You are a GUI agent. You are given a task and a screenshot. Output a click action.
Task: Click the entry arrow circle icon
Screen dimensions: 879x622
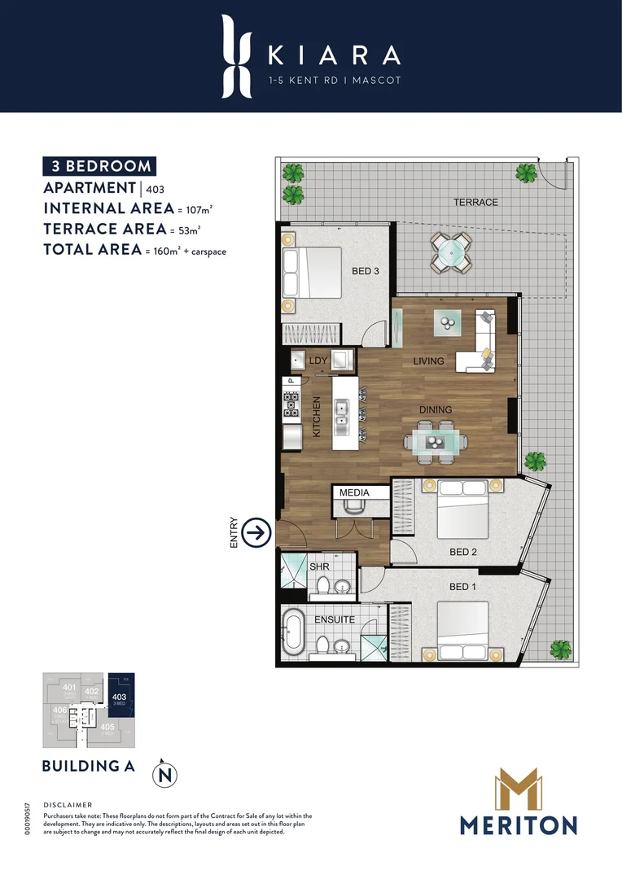257,533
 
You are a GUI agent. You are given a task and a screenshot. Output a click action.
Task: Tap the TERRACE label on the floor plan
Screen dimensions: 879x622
475,202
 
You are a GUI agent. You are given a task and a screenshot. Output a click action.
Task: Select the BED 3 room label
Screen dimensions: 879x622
366,271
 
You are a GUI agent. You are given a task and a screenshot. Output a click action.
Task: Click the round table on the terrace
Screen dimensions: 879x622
450,252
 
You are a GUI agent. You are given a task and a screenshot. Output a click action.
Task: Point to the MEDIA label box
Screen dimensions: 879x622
354,492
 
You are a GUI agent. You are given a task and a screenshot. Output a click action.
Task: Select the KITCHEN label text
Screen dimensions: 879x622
318,417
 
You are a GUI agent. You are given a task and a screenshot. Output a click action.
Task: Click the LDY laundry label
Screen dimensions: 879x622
318,360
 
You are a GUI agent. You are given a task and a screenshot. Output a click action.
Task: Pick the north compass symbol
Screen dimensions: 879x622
166,773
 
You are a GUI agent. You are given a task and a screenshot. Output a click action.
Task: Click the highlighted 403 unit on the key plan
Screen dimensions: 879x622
120,700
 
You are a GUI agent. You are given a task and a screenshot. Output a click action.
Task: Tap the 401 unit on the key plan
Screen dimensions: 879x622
70,690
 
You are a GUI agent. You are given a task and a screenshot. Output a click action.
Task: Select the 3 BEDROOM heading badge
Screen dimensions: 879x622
99,166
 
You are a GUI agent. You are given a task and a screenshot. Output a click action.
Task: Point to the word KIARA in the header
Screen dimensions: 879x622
334,55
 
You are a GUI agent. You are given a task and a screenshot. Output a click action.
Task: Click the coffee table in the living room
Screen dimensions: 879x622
448,322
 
